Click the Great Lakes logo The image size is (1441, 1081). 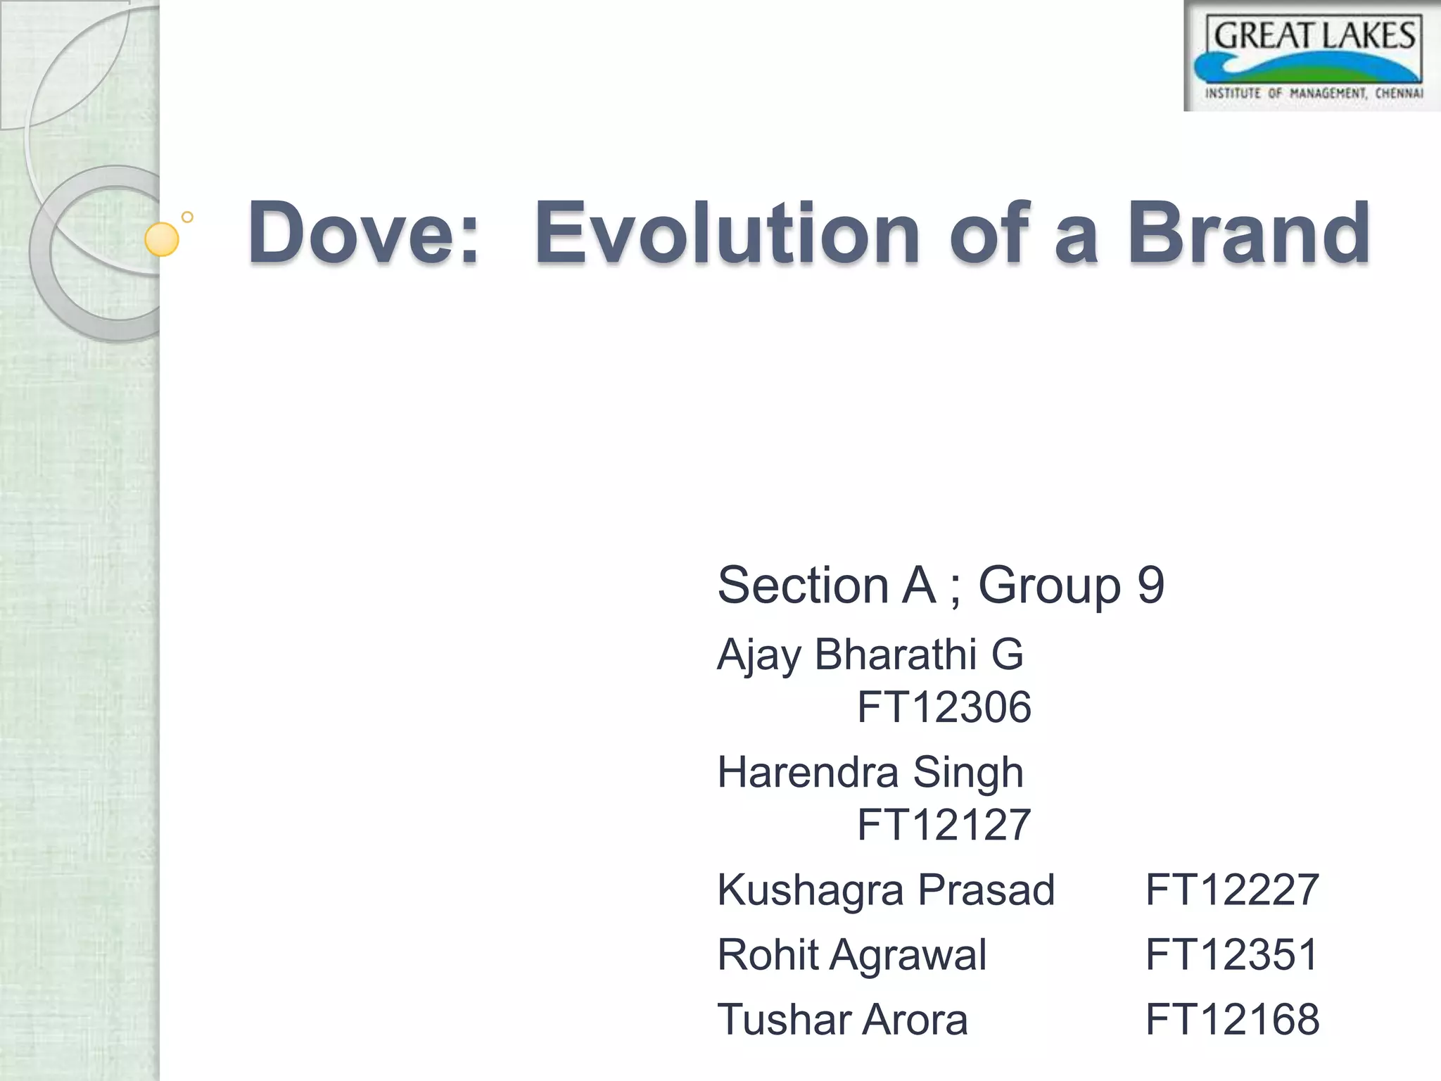pos(1313,56)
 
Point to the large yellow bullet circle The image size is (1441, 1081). pos(162,239)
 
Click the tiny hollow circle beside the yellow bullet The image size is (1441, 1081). pos(187,217)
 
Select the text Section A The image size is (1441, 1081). pos(827,585)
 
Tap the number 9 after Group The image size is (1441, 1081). pos(1151,585)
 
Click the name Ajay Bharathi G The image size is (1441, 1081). pos(870,655)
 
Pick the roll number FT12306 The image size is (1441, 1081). pos(944,707)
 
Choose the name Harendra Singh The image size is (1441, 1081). pos(870,772)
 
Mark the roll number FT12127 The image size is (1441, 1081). pos(944,825)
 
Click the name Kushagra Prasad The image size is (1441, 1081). pos(886,890)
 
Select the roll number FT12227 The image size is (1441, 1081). pos(1232,890)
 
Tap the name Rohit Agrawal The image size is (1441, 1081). pos(851,955)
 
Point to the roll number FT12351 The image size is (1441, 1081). pos(1232,955)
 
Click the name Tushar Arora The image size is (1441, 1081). pos(842,1020)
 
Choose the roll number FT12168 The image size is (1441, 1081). pos(1232,1020)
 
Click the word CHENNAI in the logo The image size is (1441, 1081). pos(1399,94)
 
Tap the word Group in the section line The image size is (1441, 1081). pos(1049,585)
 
